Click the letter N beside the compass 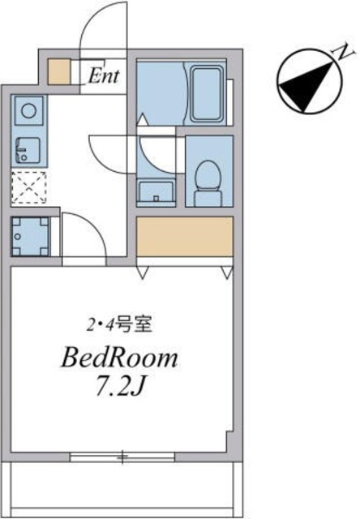point(344,54)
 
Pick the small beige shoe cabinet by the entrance point(59,72)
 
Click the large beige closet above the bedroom point(185,238)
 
